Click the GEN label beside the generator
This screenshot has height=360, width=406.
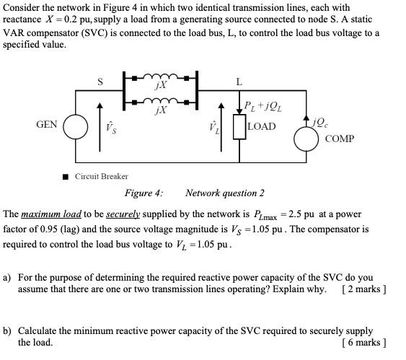click(47, 125)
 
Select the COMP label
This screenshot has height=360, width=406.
click(340, 138)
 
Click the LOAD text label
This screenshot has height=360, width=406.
click(261, 127)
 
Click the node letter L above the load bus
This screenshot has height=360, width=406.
click(238, 82)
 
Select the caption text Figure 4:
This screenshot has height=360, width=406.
click(144, 193)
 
